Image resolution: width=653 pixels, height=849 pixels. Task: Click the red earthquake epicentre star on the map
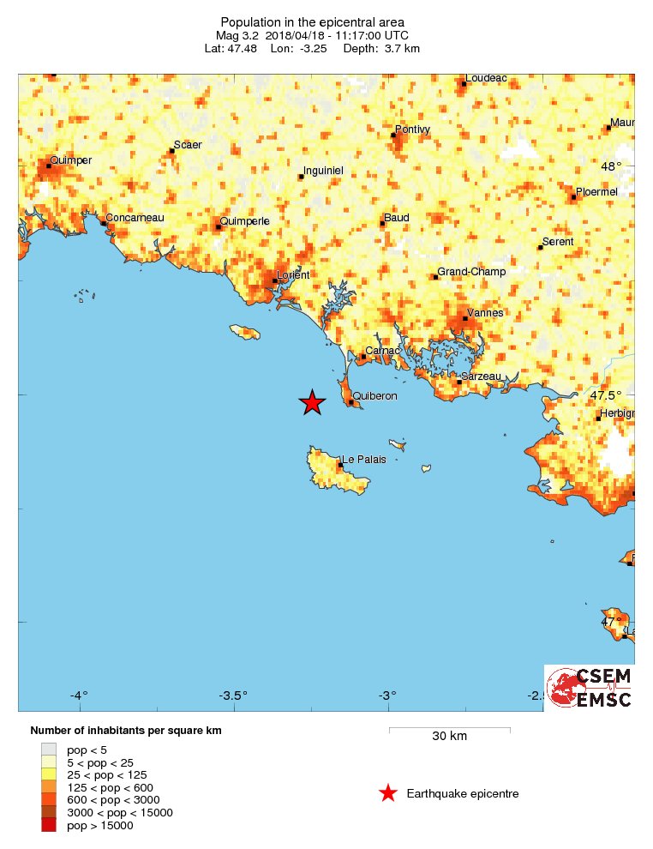pyautogui.click(x=313, y=402)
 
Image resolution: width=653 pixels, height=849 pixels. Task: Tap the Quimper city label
pyautogui.click(x=71, y=160)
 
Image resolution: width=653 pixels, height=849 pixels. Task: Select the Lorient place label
pyautogui.click(x=293, y=275)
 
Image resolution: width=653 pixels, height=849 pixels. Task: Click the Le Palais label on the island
pyautogui.click(x=363, y=460)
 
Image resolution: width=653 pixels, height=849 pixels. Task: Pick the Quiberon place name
pyautogui.click(x=375, y=396)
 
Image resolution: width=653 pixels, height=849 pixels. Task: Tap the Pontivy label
pyautogui.click(x=412, y=129)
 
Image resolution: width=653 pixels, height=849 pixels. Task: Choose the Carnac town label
pyautogui.click(x=383, y=351)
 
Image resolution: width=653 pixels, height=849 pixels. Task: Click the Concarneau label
pyautogui.click(x=135, y=218)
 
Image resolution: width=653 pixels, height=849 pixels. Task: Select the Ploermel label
pyautogui.click(x=596, y=192)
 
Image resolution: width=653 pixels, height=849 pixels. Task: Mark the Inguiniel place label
pyautogui.click(x=323, y=172)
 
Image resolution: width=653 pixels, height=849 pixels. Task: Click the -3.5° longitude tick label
pyautogui.click(x=233, y=695)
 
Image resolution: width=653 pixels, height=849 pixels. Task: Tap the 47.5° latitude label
pyautogui.click(x=606, y=395)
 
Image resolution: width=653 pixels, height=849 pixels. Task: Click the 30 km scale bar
pyautogui.click(x=449, y=730)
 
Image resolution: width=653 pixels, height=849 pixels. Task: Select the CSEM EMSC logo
pyautogui.click(x=590, y=687)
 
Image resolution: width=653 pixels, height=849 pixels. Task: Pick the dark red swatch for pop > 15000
pyautogui.click(x=49, y=825)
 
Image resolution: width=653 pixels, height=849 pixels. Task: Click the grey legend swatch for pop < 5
pyautogui.click(x=49, y=750)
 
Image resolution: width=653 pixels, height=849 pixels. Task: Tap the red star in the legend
pyautogui.click(x=388, y=793)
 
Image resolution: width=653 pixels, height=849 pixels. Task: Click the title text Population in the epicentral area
pyautogui.click(x=313, y=22)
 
